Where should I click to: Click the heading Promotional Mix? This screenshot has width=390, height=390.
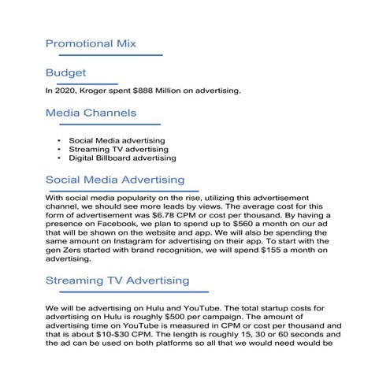click(91, 43)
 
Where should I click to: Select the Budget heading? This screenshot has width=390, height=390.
click(65, 73)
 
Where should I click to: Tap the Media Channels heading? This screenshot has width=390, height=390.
click(91, 113)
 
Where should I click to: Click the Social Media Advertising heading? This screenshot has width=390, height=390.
click(115, 180)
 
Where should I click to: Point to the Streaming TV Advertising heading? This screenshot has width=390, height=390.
click(117, 280)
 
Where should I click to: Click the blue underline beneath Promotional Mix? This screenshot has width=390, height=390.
click(104, 55)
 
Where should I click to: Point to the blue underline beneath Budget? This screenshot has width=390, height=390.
click(81, 84)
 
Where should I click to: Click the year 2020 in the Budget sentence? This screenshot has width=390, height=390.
click(65, 91)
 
